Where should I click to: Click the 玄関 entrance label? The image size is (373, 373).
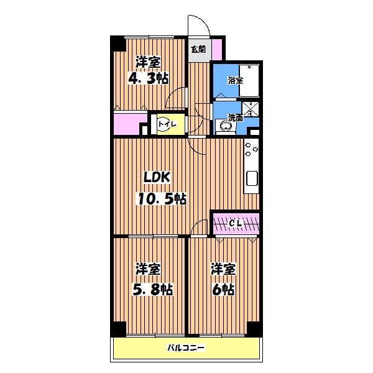(x=198, y=50)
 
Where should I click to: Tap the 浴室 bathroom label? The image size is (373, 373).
(x=236, y=81)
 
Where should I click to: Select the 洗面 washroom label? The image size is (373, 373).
(x=236, y=117)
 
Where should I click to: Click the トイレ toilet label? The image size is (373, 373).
(x=167, y=124)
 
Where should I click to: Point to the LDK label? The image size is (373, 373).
(x=157, y=177)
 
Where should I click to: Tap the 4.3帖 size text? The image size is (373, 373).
(x=149, y=78)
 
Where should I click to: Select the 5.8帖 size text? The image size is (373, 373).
(x=152, y=289)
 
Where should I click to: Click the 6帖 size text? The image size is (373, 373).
(x=223, y=289)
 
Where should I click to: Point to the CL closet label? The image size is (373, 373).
(x=235, y=223)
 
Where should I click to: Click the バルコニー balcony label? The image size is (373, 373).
(x=186, y=348)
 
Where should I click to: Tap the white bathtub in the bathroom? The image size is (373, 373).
(x=249, y=80)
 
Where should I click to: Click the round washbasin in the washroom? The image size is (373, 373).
(x=224, y=126)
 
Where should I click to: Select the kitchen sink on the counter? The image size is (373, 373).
(x=252, y=178)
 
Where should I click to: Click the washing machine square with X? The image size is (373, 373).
(x=251, y=109)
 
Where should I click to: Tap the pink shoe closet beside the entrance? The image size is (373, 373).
(x=217, y=49)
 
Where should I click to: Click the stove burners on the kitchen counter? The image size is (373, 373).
(x=251, y=149)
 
